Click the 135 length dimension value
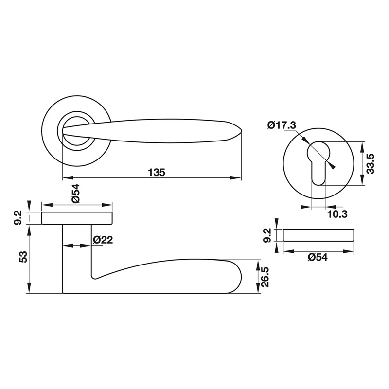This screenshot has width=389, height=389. click(x=157, y=172)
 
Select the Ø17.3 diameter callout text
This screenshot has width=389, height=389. click(x=282, y=125)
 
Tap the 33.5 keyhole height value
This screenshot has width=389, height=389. click(x=370, y=163)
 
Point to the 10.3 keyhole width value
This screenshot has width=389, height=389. click(x=337, y=214)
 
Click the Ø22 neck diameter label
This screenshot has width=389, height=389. click(x=103, y=240)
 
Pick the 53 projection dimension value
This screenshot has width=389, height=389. click(x=23, y=257)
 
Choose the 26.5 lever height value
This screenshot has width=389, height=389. click(x=265, y=277)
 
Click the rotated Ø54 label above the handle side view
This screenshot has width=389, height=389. click(x=76, y=194)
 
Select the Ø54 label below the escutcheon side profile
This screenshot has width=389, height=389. click(x=318, y=257)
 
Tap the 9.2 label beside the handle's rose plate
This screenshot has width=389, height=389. click(x=18, y=217)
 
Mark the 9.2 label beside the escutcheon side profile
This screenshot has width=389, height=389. click(x=267, y=235)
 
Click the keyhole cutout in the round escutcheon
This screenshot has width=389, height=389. click(x=318, y=163)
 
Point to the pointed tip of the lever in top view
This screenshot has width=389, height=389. click(x=241, y=131)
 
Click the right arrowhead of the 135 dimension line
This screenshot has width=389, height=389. click(x=236, y=177)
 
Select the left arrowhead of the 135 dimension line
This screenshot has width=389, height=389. click(x=68, y=177)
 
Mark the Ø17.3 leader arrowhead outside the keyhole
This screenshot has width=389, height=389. click(x=332, y=166)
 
